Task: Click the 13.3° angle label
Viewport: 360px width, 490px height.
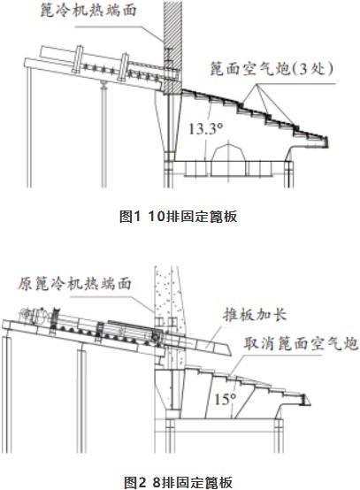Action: pyautogui.click(x=205, y=129)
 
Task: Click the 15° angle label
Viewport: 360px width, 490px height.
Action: pyautogui.click(x=225, y=399)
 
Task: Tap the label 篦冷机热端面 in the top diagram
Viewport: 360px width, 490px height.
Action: pyautogui.click(x=88, y=10)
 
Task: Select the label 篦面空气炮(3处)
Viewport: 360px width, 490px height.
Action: pyautogui.click(x=271, y=68)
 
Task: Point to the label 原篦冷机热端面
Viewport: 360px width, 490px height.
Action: pyautogui.click(x=74, y=284)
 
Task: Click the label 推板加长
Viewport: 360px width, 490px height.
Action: pyautogui.click(x=255, y=314)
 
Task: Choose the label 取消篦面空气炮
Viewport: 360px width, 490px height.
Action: pyautogui.click(x=301, y=343)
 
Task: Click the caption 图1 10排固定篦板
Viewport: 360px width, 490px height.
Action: pyautogui.click(x=178, y=216)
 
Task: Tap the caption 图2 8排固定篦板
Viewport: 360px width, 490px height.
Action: pyautogui.click(x=178, y=482)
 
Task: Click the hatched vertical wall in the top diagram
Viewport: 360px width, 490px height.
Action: pyautogui.click(x=172, y=47)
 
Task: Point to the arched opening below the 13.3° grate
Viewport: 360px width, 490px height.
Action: pyautogui.click(x=228, y=159)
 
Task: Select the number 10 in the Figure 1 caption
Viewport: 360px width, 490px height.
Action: pyautogui.click(x=157, y=216)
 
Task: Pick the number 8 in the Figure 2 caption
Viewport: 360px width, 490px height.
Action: pyautogui.click(x=157, y=482)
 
